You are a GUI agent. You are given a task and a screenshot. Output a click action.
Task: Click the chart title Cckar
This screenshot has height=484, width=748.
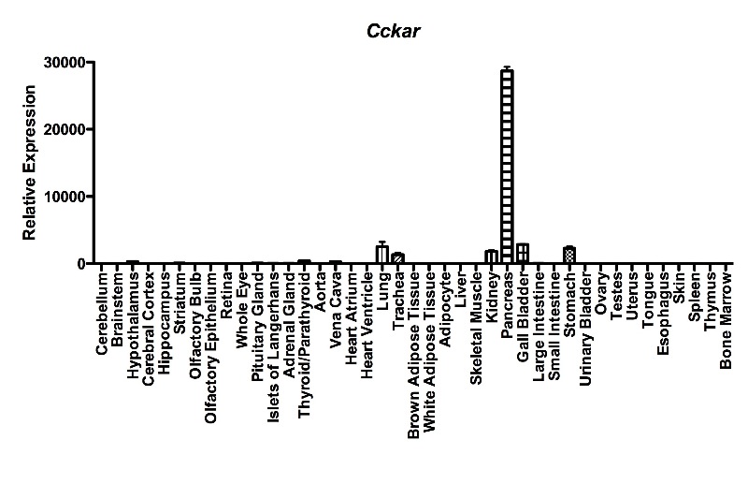click(x=393, y=31)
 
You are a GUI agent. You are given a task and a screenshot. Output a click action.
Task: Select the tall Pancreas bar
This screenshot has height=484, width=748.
click(x=507, y=167)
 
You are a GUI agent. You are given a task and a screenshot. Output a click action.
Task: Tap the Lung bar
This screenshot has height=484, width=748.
click(x=382, y=255)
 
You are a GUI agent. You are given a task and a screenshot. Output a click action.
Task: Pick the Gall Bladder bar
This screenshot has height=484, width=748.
click(x=523, y=253)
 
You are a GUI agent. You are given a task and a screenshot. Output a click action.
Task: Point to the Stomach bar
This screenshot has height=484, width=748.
click(x=569, y=256)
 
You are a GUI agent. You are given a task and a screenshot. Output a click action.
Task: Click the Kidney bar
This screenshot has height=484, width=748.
click(x=492, y=257)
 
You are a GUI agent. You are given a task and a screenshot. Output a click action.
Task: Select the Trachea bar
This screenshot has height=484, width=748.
click(x=398, y=258)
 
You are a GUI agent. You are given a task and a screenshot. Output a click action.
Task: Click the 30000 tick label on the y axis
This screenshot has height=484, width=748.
click(x=65, y=63)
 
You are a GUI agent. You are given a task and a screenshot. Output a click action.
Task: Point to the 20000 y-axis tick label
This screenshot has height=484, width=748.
click(x=65, y=129)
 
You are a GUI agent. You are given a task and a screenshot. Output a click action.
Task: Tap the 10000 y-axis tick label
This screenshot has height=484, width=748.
click(x=65, y=197)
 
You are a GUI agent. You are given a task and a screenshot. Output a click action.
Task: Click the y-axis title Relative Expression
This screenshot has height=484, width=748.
click(x=30, y=163)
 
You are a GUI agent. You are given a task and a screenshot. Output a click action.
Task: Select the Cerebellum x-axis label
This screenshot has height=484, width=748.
click(x=102, y=314)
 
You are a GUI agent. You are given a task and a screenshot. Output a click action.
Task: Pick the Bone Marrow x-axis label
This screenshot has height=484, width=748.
click(x=726, y=320)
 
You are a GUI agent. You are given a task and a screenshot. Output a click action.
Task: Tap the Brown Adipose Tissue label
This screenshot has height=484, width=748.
click(x=413, y=356)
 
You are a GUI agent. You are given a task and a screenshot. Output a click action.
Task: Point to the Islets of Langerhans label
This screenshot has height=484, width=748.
click(x=273, y=347)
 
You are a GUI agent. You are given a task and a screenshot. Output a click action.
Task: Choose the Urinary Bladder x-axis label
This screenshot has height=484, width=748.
click(x=585, y=329)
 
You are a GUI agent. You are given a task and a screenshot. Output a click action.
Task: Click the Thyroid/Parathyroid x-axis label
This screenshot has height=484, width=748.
click(x=305, y=345)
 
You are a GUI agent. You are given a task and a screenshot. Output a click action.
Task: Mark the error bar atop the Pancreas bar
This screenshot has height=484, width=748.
click(x=507, y=67)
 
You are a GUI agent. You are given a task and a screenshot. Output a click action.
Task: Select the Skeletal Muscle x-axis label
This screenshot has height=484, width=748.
click(x=476, y=329)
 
